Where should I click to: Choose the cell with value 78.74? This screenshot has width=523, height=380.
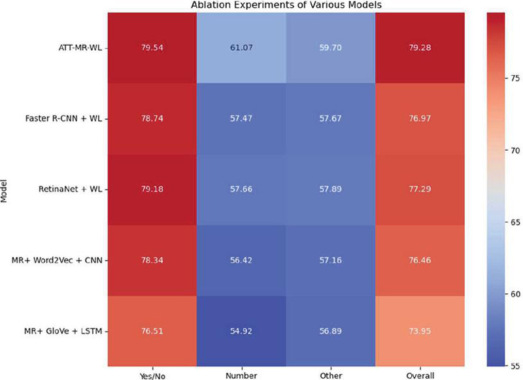[158, 118]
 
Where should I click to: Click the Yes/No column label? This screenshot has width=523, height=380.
[158, 375]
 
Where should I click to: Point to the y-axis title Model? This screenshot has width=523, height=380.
[5, 189]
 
